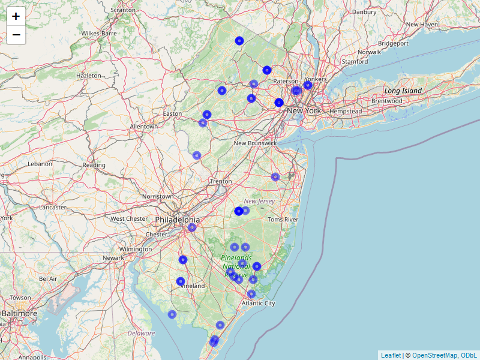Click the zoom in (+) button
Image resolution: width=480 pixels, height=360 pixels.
(16, 16)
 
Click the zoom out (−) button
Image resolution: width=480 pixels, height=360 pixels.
(16, 35)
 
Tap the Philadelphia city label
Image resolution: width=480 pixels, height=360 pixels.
(177, 220)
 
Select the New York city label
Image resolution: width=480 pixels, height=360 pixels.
(304, 111)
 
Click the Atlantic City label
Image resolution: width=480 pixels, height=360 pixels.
(258, 304)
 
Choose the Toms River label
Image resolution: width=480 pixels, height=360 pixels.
(283, 220)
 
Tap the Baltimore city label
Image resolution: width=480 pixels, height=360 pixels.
(19, 313)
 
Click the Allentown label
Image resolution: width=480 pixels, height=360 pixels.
(144, 127)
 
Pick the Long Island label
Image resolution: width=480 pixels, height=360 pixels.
(403, 91)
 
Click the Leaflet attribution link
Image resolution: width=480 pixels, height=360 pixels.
(390, 355)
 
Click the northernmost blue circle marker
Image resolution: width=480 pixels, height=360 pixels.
(239, 41)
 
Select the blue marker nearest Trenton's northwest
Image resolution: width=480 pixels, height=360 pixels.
(197, 155)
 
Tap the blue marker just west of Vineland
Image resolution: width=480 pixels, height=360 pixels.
(181, 281)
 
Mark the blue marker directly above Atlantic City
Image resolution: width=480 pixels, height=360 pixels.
(251, 294)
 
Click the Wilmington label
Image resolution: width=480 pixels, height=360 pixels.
(135, 249)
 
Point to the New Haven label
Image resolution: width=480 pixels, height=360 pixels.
(422, 25)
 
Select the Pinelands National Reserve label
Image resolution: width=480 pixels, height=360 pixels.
(236, 266)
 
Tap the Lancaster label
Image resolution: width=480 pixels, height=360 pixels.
(53, 207)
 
